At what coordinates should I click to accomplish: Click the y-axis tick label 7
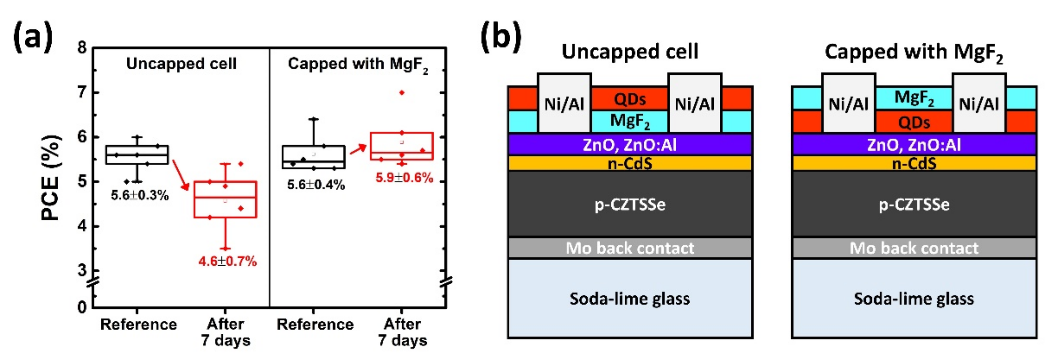[82, 92]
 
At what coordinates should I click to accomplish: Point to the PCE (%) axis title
[52, 177]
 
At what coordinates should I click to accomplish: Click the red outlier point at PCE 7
[402, 93]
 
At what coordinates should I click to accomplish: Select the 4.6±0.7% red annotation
[228, 261]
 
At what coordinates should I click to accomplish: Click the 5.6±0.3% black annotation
[140, 195]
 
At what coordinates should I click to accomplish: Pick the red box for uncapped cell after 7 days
[225, 199]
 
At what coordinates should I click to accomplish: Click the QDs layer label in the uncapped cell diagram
[630, 99]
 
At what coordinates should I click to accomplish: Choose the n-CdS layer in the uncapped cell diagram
[630, 164]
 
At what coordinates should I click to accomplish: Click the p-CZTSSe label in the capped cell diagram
[914, 204]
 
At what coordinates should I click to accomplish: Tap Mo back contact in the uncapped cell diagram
[630, 248]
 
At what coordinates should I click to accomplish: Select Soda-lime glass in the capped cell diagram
[914, 299]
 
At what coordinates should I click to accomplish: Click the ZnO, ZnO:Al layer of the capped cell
[914, 145]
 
